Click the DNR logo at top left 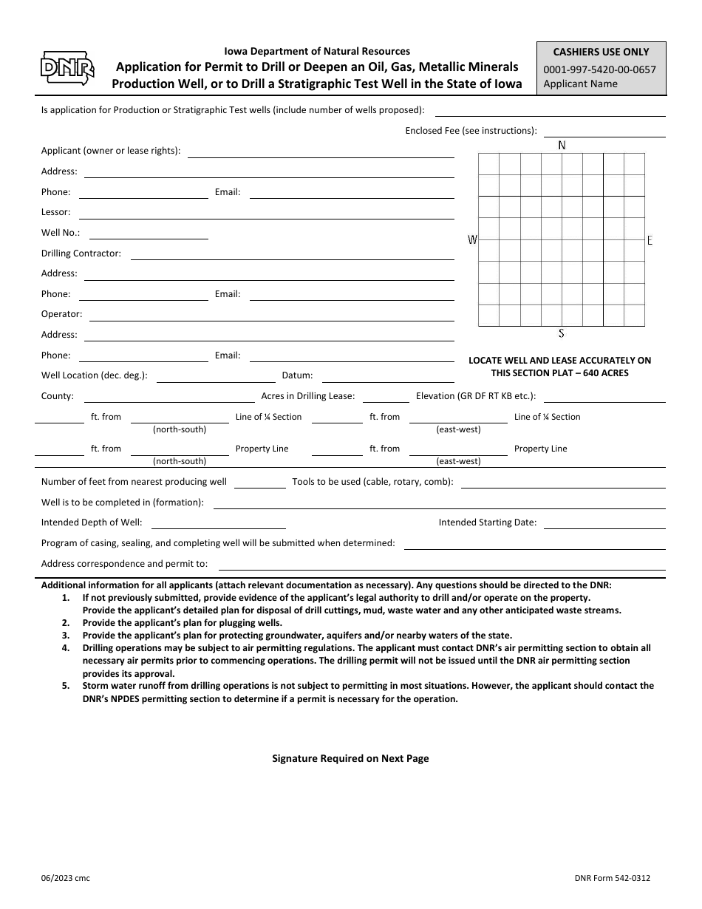pyautogui.click(x=67, y=69)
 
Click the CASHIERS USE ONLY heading pyautogui.click(x=601, y=52)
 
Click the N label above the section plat pyautogui.click(x=562, y=145)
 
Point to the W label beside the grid pyautogui.click(x=472, y=239)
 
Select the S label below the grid pyautogui.click(x=562, y=333)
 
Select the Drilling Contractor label pyautogui.click(x=81, y=253)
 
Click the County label pyautogui.click(x=57, y=396)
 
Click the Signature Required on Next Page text pyautogui.click(x=350, y=758)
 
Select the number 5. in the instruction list pyautogui.click(x=66, y=685)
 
